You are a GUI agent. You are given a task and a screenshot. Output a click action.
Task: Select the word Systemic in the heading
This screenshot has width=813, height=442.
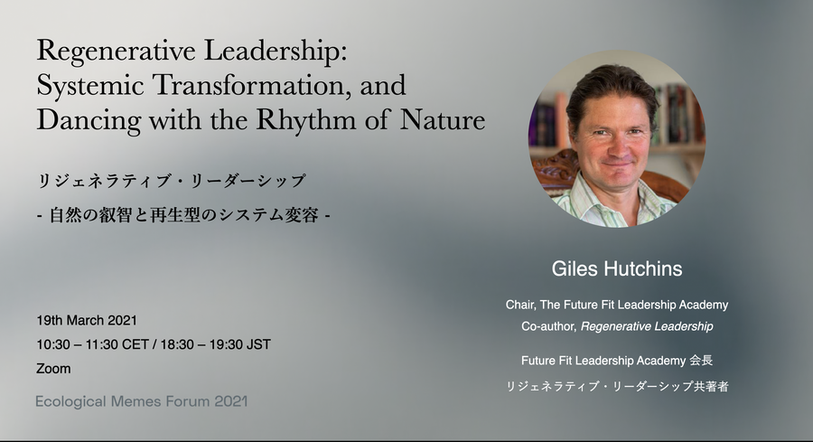90,85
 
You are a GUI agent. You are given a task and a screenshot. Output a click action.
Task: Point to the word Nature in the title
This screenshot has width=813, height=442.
443,119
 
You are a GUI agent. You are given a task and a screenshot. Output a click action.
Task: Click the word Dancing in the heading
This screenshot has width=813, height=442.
89,121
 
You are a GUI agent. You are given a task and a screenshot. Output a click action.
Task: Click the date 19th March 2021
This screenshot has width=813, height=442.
87,320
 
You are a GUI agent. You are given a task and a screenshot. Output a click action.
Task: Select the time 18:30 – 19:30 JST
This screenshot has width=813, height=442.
215,344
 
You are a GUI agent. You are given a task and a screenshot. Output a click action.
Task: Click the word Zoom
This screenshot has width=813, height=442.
53,369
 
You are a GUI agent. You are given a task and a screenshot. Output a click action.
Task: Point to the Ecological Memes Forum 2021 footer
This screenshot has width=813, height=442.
142,401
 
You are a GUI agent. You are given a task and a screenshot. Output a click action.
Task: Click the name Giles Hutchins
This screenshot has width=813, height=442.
616,268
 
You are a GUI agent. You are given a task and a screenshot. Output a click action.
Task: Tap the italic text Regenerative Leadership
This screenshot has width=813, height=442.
647,326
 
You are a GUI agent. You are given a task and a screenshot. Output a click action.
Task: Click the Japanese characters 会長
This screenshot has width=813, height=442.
701,360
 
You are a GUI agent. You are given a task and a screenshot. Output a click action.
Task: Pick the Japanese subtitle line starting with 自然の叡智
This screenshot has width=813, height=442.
183,215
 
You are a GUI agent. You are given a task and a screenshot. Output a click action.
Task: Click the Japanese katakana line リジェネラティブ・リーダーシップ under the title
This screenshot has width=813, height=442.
172,181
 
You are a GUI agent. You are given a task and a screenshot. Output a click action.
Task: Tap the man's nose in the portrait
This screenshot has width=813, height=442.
616,146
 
